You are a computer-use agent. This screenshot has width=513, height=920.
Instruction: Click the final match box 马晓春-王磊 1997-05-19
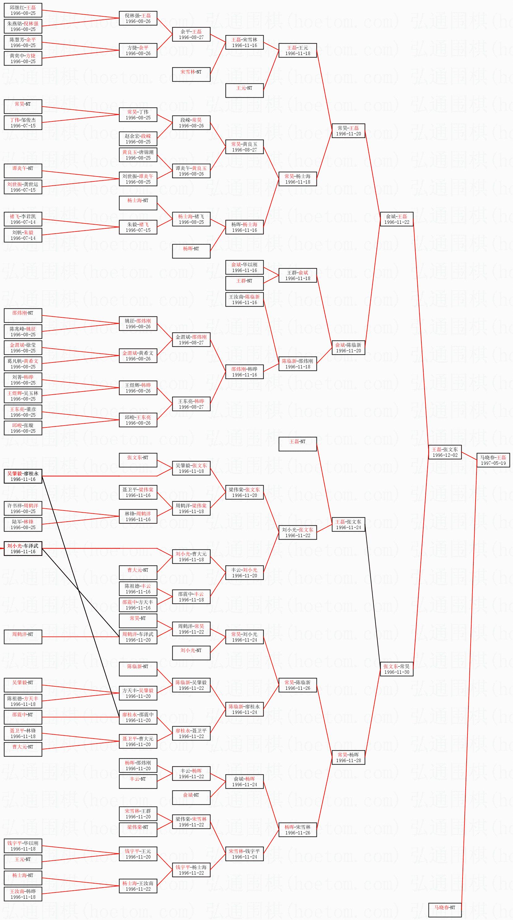493,460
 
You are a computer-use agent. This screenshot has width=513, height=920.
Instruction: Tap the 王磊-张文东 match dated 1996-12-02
445,452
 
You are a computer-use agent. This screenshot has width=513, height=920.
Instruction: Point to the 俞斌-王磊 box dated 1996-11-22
396,219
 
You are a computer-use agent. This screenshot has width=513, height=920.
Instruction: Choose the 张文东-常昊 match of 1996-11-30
396,669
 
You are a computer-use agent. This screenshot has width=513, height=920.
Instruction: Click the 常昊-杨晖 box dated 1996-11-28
348,757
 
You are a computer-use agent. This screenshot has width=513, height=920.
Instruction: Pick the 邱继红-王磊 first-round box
23,10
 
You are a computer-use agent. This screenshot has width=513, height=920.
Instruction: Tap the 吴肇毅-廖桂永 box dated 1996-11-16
23,476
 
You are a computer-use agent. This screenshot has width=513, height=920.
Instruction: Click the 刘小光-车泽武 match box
23,549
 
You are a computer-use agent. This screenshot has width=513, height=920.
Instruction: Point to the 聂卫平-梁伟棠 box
138,492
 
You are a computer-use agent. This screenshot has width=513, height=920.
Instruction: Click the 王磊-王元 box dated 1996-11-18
297,50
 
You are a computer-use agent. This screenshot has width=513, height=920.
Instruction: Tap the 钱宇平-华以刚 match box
23,846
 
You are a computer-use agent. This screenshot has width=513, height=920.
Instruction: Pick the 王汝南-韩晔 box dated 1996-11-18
23,894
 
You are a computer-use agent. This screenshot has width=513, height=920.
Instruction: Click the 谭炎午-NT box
23,171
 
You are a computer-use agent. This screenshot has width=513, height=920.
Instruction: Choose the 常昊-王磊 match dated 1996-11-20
348,131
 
